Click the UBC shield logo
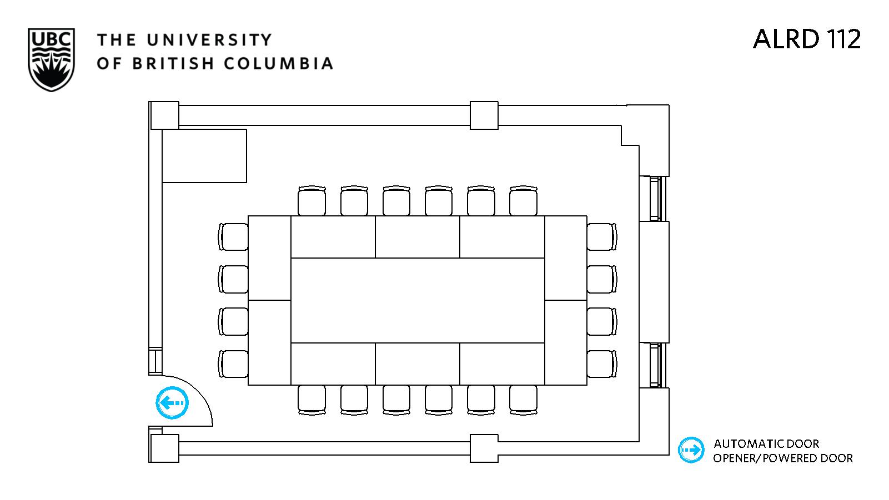point(51,60)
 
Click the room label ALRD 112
point(806,39)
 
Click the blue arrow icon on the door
point(172,403)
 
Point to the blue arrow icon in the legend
point(691,450)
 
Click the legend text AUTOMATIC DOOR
point(766,444)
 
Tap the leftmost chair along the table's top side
point(312,201)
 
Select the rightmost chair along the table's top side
point(523,201)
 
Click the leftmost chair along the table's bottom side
point(312,400)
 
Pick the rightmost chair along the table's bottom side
point(523,400)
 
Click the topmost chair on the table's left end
point(233,237)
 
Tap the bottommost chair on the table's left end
point(233,363)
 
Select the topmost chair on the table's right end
point(602,237)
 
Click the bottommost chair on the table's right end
point(602,363)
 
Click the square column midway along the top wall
point(484,115)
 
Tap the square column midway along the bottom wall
point(484,448)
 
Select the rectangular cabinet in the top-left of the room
point(204,156)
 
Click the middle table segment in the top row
point(417,237)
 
